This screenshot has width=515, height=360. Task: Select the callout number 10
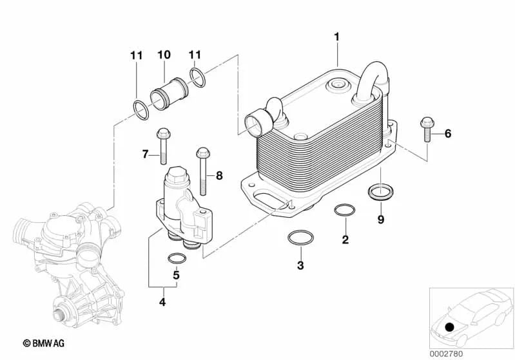click(163, 55)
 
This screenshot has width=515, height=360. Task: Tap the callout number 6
click(448, 134)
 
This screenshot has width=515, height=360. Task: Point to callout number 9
click(380, 220)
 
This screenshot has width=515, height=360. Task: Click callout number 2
click(345, 240)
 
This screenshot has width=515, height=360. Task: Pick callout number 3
click(300, 265)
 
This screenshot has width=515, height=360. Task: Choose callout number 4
click(162, 301)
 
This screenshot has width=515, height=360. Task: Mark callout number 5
click(175, 276)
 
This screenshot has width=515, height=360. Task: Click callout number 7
click(146, 153)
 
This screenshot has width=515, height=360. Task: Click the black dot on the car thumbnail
click(449, 327)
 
